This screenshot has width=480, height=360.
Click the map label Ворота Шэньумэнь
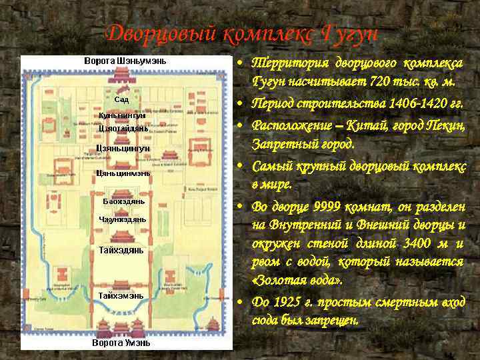[125, 61]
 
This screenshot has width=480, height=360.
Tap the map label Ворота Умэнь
[121, 343]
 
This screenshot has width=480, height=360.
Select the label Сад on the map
[121, 99]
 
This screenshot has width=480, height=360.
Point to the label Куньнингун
[122, 115]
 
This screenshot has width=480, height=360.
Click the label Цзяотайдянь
[123, 128]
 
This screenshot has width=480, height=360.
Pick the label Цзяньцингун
[123, 148]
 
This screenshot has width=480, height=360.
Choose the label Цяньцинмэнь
[123, 173]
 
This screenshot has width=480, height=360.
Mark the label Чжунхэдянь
[123, 219]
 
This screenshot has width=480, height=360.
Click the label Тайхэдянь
[121, 250]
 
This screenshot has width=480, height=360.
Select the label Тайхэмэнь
[121, 295]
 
